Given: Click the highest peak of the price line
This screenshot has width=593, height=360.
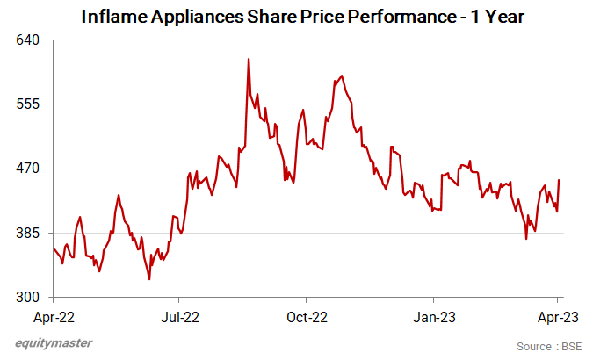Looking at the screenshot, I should [x=249, y=59].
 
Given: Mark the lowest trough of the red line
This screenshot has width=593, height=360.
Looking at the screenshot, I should [x=149, y=279].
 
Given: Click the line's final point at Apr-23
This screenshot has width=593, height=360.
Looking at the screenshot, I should [x=560, y=180].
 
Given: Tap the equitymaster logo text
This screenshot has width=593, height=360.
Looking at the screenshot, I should [x=53, y=342].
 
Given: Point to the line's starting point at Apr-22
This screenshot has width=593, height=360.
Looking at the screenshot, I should [x=54, y=249].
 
